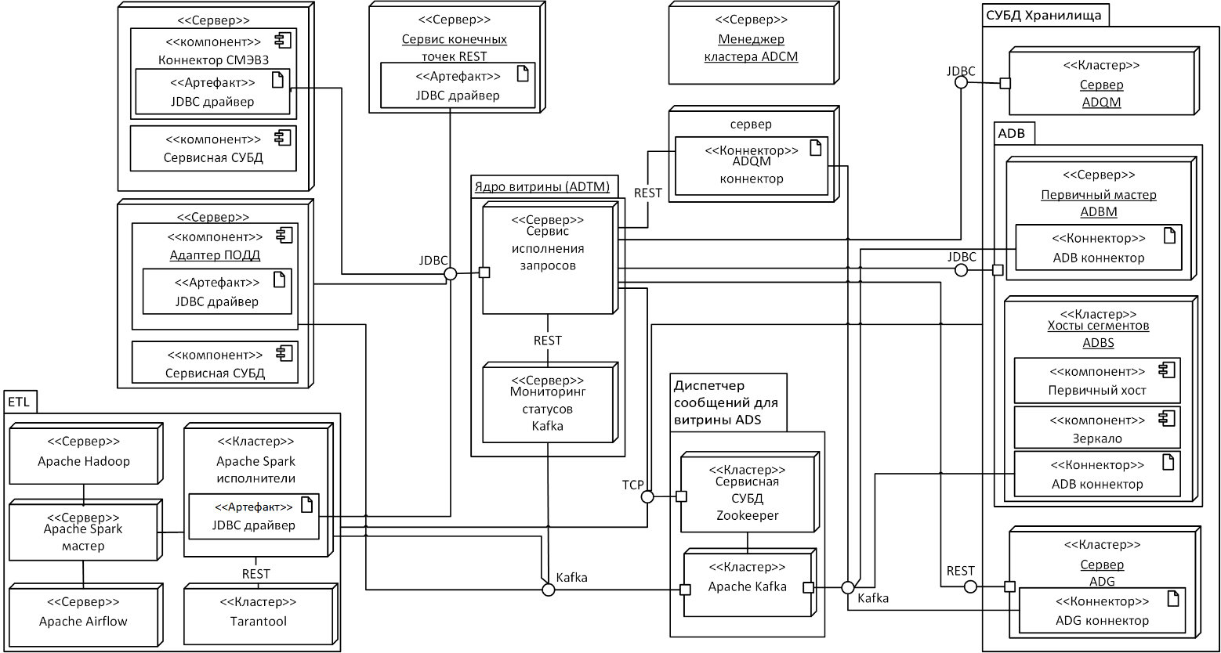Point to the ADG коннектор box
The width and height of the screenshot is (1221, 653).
(x=1100, y=612)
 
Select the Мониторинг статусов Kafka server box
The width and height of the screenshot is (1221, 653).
(x=548, y=407)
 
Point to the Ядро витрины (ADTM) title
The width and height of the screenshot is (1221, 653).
(x=542, y=186)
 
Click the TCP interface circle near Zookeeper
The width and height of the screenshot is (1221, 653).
(x=647, y=496)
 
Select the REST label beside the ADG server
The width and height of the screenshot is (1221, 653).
(x=960, y=571)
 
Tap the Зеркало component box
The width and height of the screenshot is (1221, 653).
(x=1096, y=429)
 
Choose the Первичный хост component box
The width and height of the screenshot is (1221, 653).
(x=1096, y=381)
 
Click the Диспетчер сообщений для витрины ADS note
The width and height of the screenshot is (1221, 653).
(x=725, y=403)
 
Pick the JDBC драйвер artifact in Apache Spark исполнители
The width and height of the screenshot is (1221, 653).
(x=253, y=517)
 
